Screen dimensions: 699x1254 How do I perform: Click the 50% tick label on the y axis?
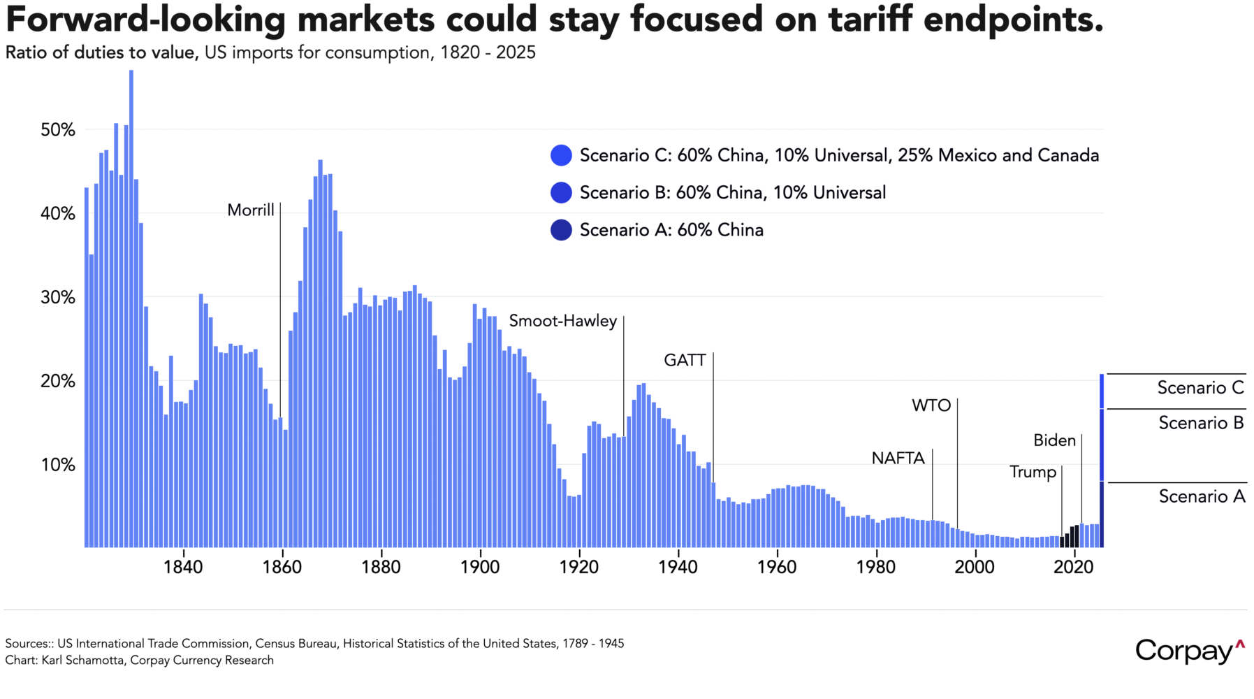coord(58,130)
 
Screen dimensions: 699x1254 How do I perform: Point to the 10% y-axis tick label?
coord(58,465)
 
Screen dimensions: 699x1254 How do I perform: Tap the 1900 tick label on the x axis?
coord(480,567)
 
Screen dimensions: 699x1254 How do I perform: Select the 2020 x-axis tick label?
coord(1073,567)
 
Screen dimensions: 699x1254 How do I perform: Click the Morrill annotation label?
coord(251,210)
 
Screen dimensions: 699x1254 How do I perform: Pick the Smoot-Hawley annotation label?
coord(563,321)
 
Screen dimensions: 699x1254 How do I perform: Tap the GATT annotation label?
coord(685,360)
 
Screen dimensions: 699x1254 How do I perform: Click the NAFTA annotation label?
coord(898,459)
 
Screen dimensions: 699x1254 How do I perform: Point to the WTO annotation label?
coord(931,405)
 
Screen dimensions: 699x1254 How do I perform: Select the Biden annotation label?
coord(1054,440)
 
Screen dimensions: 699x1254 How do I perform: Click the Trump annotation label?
coord(1033,472)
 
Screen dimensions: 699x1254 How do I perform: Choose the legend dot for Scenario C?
coord(561,155)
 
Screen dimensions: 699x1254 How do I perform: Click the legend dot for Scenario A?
coord(561,230)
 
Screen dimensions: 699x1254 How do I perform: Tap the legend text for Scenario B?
coord(733,193)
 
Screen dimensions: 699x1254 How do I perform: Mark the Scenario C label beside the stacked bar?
coord(1200,388)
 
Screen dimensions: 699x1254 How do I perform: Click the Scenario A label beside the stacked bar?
coord(1202,496)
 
